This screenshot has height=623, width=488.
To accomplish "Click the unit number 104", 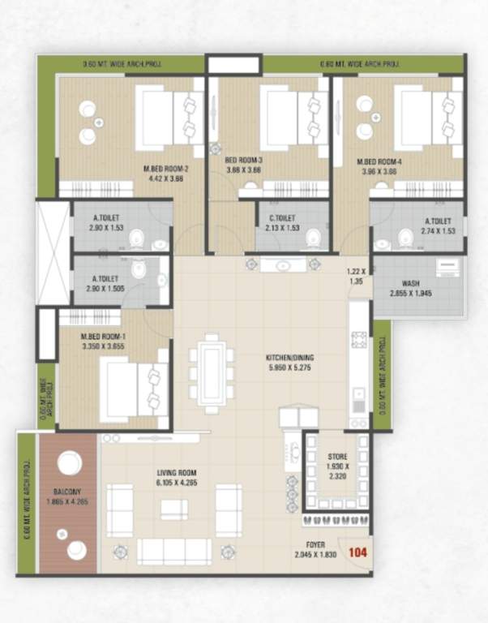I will point(357,552).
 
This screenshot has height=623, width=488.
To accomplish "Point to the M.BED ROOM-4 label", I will point(379,161).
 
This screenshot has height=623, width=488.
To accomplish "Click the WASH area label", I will point(410,285).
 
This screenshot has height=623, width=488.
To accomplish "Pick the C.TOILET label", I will point(281,218).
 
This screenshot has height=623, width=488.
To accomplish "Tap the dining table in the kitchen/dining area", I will point(212,370).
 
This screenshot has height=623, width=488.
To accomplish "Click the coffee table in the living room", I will point(173,509).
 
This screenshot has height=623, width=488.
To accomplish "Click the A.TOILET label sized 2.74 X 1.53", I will point(438,220).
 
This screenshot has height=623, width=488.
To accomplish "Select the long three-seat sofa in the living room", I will point(174,552).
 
